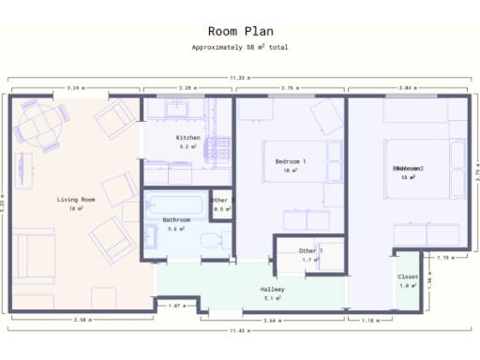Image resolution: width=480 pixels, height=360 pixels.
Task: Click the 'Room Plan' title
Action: point(239,30)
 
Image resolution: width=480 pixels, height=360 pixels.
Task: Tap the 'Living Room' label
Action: point(76,200)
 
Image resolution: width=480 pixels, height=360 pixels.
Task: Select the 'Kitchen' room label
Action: point(188,138)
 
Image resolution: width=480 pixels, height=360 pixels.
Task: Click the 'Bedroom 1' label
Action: point(291,162)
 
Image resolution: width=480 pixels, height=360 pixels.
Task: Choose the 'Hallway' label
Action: point(272,289)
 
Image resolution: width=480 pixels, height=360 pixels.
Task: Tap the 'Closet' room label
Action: point(408,277)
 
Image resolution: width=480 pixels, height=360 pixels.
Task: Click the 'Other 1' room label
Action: point(310,250)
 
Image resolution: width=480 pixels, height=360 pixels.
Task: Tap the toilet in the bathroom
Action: point(213,241)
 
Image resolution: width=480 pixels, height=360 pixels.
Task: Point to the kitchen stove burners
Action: point(219,147)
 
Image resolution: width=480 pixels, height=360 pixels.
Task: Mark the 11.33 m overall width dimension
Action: point(239,78)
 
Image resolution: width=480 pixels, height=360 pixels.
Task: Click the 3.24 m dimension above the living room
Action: point(76,87)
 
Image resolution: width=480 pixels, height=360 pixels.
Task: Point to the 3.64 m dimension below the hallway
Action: point(272,321)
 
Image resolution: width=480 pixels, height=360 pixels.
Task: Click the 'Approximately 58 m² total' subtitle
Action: point(239,46)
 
